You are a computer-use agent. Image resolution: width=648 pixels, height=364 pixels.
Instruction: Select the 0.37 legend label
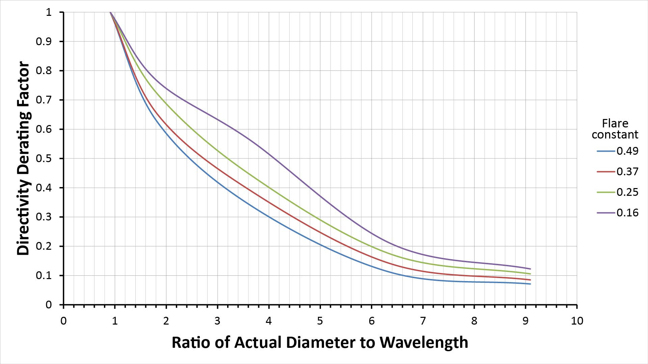tap(627, 172)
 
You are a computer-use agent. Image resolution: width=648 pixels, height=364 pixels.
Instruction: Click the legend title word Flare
tap(615, 123)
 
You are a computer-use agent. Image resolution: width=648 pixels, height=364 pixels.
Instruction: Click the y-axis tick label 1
tap(49, 12)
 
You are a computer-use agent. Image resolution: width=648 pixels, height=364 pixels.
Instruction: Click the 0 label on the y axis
tap(49, 305)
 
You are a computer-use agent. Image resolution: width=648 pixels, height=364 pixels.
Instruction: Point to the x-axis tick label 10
tap(577, 321)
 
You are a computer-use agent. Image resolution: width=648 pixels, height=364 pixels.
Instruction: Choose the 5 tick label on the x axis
tap(320, 321)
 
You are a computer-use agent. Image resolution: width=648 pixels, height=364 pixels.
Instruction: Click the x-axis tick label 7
tap(423, 321)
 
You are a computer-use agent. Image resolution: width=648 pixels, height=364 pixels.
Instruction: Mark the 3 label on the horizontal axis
tap(217, 321)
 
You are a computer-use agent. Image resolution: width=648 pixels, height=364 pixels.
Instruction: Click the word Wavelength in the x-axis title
tap(424, 343)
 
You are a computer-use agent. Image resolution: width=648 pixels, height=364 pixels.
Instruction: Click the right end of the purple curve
tap(531, 269)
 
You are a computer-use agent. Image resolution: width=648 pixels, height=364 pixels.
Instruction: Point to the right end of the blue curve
tap(531, 284)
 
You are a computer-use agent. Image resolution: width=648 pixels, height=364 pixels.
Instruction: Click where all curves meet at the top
tap(110, 12)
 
